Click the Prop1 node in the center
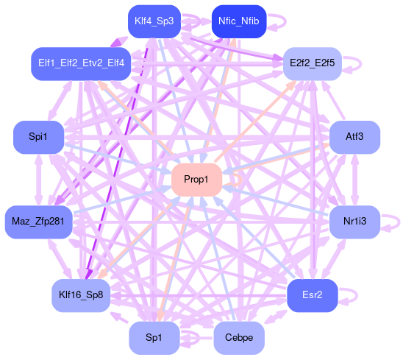point(196,180)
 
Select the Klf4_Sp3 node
point(154,21)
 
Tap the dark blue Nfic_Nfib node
point(239,21)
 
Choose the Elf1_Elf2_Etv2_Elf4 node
point(81,63)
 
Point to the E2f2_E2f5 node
point(313,63)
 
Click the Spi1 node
point(38,137)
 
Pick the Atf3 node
point(354,137)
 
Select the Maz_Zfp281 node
point(38,222)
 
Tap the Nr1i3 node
point(354,222)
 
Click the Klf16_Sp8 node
point(81,295)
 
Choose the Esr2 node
point(313,295)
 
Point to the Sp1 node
point(154,338)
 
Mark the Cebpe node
point(239,338)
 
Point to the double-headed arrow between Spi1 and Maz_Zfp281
point(38,180)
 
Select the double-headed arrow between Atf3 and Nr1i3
point(354,180)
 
